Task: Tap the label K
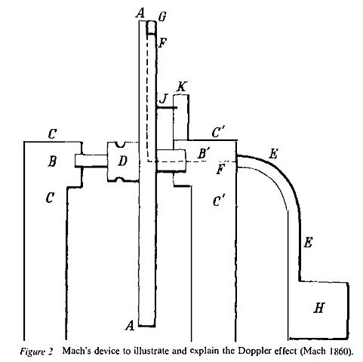[181, 87]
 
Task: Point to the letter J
[163, 99]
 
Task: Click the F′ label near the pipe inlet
[221, 169]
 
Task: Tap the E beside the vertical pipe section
[307, 243]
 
